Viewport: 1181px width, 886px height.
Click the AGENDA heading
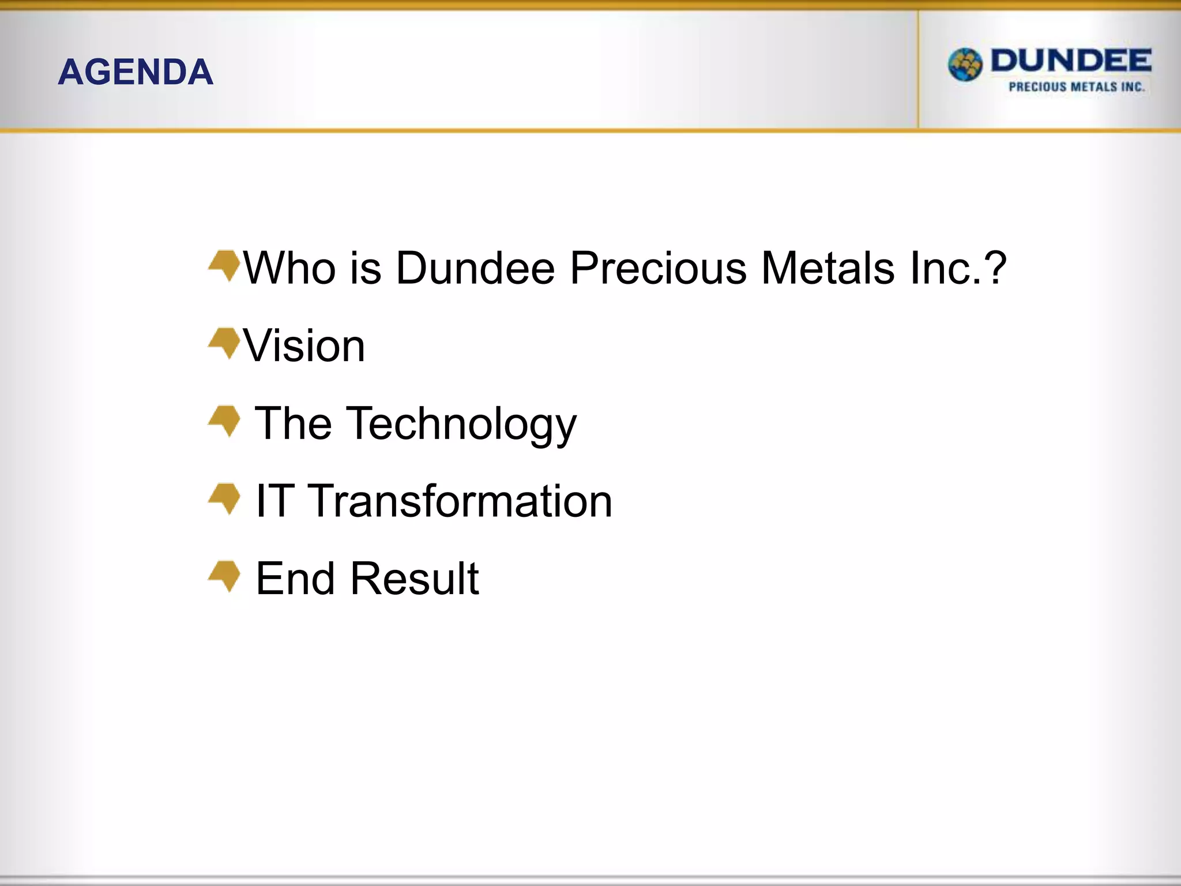tap(136, 72)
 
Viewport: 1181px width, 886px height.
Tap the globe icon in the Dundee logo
tap(965, 65)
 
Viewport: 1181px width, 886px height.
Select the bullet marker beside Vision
tap(225, 343)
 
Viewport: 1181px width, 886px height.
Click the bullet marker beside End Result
tap(225, 576)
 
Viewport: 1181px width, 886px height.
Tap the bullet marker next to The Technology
tap(225, 421)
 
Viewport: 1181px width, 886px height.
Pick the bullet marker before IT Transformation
tap(225, 498)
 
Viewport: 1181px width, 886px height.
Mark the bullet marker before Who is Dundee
tap(225, 265)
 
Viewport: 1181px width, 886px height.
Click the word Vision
tap(304, 346)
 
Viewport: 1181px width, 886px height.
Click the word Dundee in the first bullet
tap(475, 268)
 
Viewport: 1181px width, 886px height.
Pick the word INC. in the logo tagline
tap(1133, 87)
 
